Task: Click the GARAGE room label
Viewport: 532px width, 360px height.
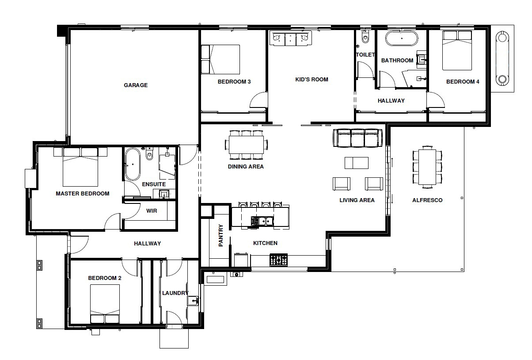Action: [x=136, y=85]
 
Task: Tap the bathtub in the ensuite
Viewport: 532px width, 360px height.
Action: [x=133, y=165]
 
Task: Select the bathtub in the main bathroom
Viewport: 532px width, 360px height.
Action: [x=401, y=38]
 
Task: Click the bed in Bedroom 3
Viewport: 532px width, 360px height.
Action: [x=220, y=59]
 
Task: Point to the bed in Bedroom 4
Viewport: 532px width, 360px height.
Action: [x=457, y=50]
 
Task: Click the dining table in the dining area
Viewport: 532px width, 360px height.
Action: [x=246, y=145]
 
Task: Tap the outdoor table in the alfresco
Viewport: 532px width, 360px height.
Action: [x=427, y=167]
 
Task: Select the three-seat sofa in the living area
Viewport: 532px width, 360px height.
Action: [x=357, y=138]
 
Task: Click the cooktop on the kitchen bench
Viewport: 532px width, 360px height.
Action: [x=278, y=260]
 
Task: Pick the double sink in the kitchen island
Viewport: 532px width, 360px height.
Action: [x=262, y=221]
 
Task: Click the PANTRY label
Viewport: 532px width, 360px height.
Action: [x=220, y=235]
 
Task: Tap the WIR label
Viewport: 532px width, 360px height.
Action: [x=152, y=211]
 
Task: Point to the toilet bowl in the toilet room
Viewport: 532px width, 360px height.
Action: [x=365, y=38]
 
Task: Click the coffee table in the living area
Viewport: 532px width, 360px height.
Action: [x=357, y=163]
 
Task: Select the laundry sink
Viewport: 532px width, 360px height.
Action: [x=193, y=301]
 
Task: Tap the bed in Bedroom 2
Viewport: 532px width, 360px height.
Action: [x=105, y=304]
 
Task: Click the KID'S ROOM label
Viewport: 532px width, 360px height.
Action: [x=312, y=80]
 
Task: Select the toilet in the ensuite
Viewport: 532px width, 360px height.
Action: [x=149, y=154]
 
